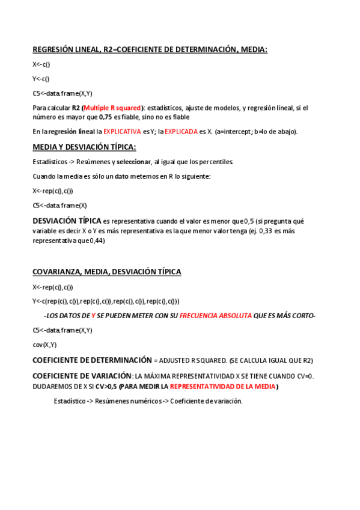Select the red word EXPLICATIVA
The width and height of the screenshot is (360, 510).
[x=122, y=131]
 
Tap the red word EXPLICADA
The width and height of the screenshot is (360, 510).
[x=181, y=131]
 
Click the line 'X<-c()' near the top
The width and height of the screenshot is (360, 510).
[x=41, y=64]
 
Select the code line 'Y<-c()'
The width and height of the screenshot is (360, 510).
[x=41, y=79]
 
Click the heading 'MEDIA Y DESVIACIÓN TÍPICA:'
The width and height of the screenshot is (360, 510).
[x=84, y=147]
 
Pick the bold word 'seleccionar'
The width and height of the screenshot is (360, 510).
[x=135, y=162]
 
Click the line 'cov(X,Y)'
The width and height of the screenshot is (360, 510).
[x=44, y=345]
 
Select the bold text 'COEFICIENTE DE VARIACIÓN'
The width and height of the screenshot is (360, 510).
[x=82, y=376]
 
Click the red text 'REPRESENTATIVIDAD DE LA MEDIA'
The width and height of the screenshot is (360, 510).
[x=222, y=386]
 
